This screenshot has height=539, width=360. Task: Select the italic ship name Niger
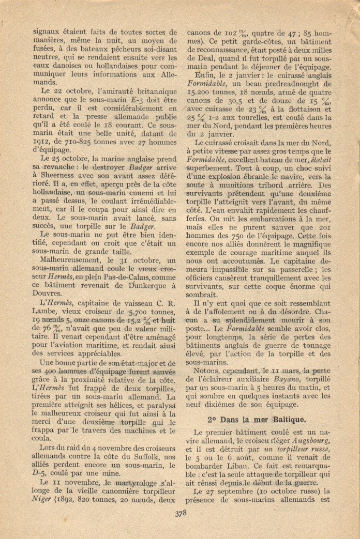[x=42, y=499]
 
